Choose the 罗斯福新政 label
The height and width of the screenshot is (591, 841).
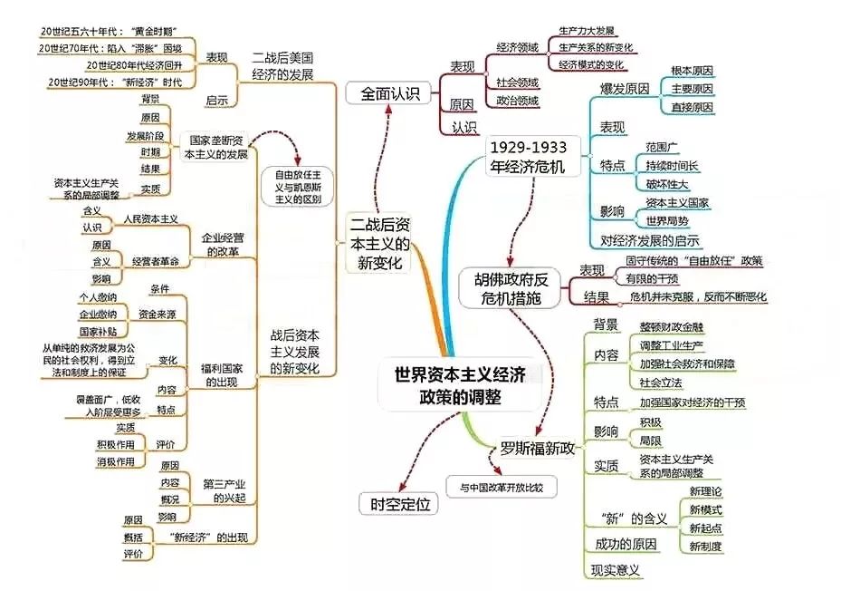tap(538, 447)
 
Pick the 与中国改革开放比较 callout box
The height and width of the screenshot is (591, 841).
tap(501, 487)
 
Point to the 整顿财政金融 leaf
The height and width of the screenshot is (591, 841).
tap(671, 328)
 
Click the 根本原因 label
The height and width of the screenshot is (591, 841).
tap(692, 70)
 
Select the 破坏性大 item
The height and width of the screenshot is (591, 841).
tap(668, 185)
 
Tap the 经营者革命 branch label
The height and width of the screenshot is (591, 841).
tap(155, 261)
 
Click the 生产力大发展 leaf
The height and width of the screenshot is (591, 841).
tap(588, 30)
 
